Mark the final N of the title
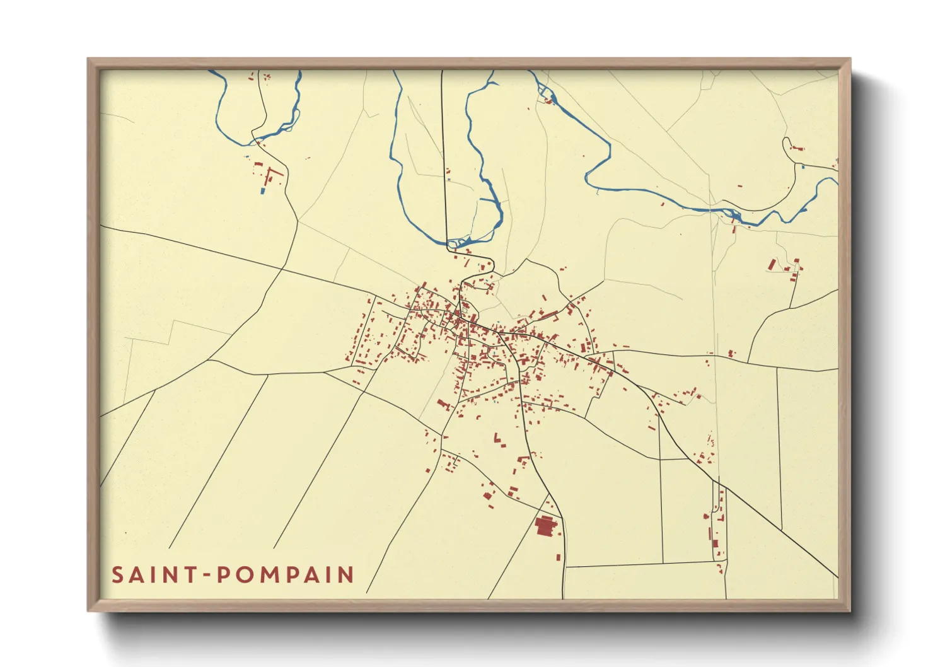345,575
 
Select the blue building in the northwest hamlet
263,190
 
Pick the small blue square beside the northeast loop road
803,166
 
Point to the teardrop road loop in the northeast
788,145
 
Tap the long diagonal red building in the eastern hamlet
772,264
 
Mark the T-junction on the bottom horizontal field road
663,563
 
